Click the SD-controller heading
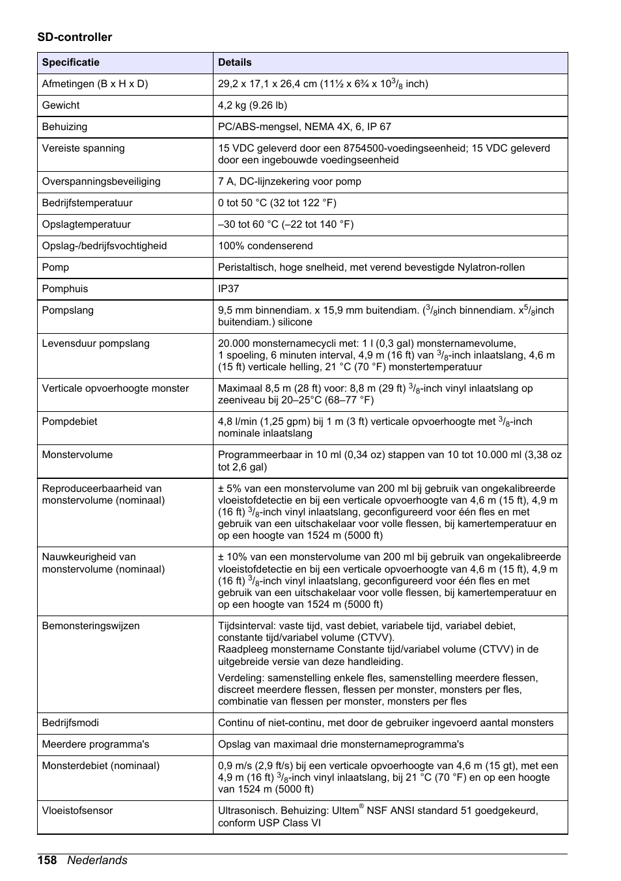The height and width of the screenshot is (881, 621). pyautogui.click(x=74, y=37)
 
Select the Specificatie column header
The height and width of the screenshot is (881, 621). pyautogui.click(x=71, y=62)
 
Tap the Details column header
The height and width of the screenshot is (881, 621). pyautogui.click(x=234, y=62)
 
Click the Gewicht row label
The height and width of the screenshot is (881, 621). pyautogui.click(x=61, y=105)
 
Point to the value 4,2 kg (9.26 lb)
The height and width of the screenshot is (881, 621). pyautogui.click(x=253, y=105)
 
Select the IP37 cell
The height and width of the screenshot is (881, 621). pyautogui.click(x=228, y=289)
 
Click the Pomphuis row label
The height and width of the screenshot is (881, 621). pyautogui.click(x=65, y=289)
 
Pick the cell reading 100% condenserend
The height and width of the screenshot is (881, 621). pyautogui.click(x=265, y=246)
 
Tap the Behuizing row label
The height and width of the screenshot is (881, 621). pyautogui.click(x=64, y=127)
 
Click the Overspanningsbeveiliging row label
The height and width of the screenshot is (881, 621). pyautogui.click(x=101, y=182)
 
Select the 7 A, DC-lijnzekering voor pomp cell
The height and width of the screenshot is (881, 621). pyautogui.click(x=289, y=182)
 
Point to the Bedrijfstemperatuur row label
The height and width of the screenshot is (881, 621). pyautogui.click(x=87, y=203)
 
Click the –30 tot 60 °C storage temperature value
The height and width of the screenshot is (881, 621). pyautogui.click(x=286, y=224)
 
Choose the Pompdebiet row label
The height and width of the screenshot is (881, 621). pyautogui.click(x=70, y=422)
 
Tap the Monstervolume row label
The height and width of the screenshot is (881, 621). pyautogui.click(x=77, y=455)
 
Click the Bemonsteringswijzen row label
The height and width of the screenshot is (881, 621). pyautogui.click(x=90, y=626)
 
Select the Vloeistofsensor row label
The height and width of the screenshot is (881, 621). pyautogui.click(x=77, y=811)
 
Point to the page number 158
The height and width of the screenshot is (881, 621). pyautogui.click(x=47, y=860)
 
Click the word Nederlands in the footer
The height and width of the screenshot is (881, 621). pyautogui.click(x=98, y=860)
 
